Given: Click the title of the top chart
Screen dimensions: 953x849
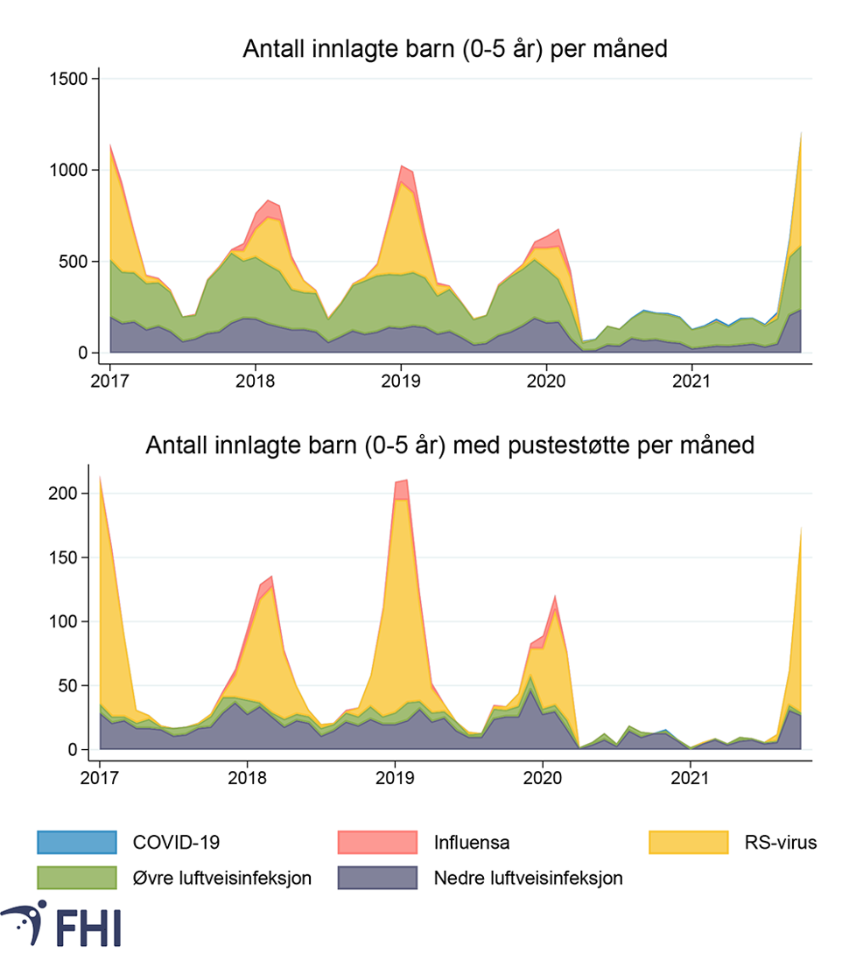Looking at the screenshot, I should click(454, 49).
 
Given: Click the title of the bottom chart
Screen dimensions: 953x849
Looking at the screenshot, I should click(450, 445).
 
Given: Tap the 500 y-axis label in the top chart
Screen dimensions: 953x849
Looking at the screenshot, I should click(74, 262).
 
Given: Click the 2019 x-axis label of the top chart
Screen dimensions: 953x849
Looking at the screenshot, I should click(401, 381).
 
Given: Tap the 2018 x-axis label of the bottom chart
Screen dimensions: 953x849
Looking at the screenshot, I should click(247, 778).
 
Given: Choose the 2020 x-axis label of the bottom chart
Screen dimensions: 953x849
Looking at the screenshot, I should click(542, 778).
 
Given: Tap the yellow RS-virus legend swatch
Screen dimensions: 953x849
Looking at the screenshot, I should click(689, 843).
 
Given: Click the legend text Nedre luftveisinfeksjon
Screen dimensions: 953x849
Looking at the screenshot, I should click(528, 878).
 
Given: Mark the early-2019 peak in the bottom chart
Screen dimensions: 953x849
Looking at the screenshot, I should click(402, 480).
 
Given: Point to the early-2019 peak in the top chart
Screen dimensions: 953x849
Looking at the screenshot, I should click(401, 165).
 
